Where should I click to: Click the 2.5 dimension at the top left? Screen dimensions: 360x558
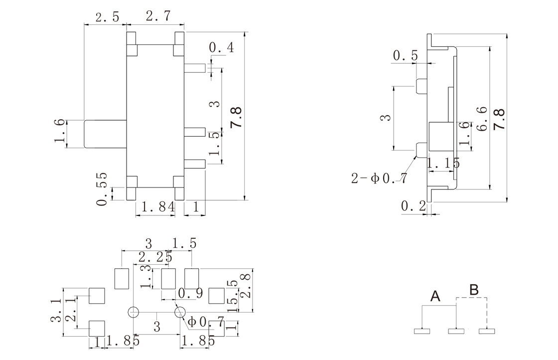coord(107,17)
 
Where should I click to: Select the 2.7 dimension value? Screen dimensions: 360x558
coord(157,16)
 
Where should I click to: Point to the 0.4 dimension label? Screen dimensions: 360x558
coord(221,48)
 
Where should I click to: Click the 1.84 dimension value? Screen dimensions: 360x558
coord(156,206)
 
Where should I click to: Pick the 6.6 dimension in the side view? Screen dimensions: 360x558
coord(481,119)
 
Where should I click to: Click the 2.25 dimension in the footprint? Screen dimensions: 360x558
coord(155,258)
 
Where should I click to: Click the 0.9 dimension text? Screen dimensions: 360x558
coord(190,294)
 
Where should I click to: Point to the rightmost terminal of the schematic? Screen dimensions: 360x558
coord(487,330)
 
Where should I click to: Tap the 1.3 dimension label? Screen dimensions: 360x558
coord(145,276)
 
